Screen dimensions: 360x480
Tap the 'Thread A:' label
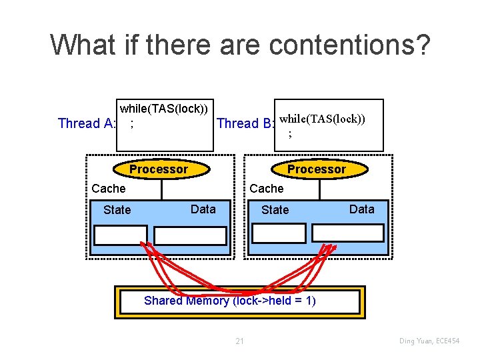(87, 123)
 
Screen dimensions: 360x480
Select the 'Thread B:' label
(246, 123)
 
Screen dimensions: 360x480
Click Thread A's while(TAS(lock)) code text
(163, 108)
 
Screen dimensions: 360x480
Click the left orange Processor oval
(159, 169)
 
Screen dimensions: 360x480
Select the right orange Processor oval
(316, 169)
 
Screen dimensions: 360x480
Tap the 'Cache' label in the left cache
(108, 189)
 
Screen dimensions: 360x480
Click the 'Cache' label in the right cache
(266, 189)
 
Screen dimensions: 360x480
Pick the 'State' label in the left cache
(117, 210)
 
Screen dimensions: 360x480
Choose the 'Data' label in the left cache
(203, 209)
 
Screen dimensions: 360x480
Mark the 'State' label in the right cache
(275, 210)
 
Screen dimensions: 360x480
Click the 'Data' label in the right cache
(362, 209)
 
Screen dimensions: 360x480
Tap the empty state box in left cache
(121, 235)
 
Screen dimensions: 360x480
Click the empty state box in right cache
(279, 232)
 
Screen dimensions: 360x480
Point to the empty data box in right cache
(349, 232)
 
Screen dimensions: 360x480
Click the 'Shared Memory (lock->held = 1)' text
(230, 301)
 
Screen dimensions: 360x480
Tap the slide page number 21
(240, 341)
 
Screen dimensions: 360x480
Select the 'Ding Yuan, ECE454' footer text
(430, 341)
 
